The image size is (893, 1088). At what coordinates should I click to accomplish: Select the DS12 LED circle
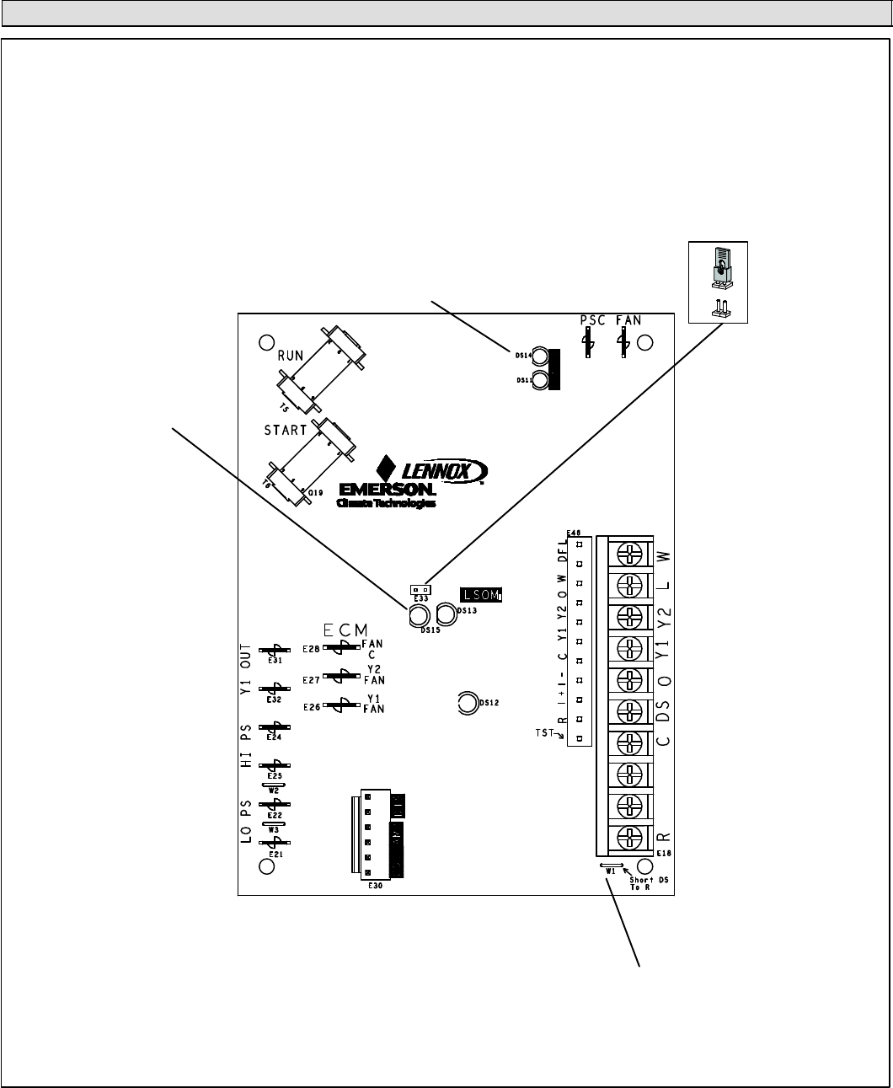tap(467, 702)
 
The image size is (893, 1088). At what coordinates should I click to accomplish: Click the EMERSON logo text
tap(387, 490)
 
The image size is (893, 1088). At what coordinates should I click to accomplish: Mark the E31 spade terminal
tap(275, 651)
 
